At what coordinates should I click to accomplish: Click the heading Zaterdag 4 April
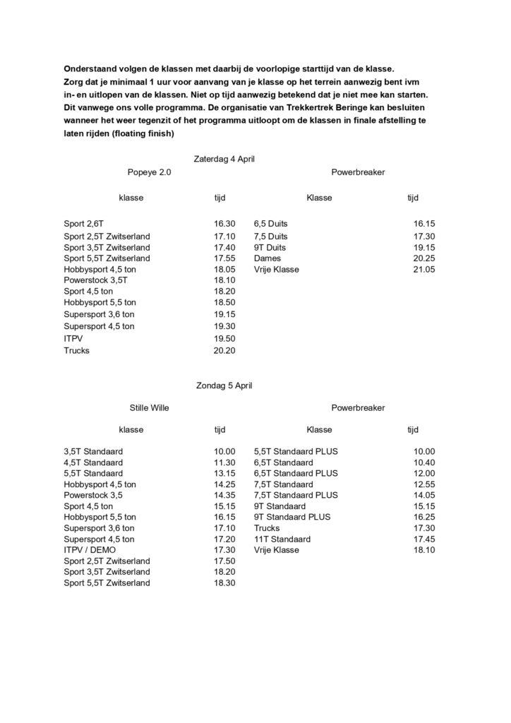(x=224, y=159)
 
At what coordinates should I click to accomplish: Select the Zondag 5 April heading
(x=224, y=386)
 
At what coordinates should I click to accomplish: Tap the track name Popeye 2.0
(x=149, y=172)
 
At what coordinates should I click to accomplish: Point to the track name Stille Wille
(x=149, y=407)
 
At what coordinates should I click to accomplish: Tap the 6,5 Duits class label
(x=270, y=224)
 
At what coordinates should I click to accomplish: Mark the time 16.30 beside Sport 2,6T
(x=224, y=224)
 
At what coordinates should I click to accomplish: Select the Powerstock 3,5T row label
(x=97, y=281)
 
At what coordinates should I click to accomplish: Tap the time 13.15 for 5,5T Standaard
(x=224, y=473)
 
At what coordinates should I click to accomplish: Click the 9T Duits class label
(x=270, y=247)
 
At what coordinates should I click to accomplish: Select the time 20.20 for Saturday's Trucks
(x=224, y=350)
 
